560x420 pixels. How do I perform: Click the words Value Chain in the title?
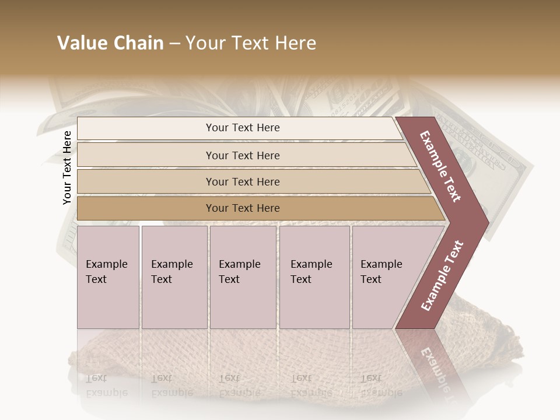[110, 43]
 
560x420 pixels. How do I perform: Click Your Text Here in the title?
[251, 43]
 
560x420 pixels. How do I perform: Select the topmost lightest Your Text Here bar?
[242, 128]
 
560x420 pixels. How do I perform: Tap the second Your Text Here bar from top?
[242, 155]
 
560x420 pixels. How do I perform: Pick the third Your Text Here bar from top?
[242, 181]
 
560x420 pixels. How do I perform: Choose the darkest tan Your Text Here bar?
[242, 208]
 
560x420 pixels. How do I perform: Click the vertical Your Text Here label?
[68, 167]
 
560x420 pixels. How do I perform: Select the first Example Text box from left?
[108, 276]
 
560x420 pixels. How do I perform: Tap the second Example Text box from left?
[174, 276]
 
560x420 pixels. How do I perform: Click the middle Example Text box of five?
[243, 276]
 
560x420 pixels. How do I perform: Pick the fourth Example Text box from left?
[314, 276]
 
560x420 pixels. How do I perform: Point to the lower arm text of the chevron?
[442, 275]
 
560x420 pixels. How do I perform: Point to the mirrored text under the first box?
[106, 386]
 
